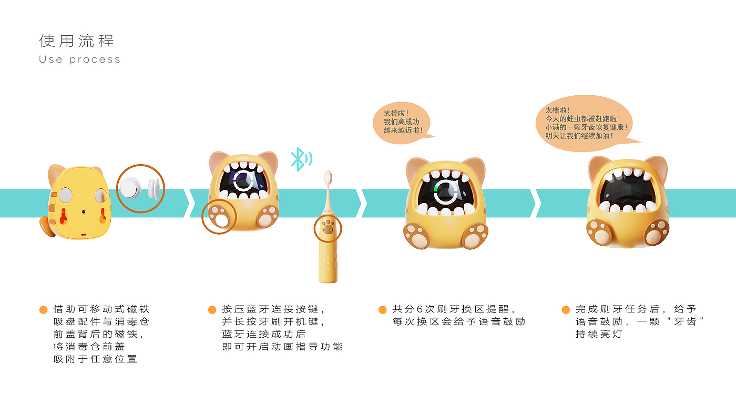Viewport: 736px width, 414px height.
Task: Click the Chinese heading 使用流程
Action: point(77,41)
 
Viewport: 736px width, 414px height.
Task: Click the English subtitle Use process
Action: point(79,59)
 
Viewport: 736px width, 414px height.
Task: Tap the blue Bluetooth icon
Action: point(300,159)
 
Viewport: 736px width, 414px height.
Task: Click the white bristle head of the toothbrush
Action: point(328,177)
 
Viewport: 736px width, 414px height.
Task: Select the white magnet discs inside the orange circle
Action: point(140,188)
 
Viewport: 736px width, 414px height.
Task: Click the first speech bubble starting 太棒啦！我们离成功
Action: point(403,122)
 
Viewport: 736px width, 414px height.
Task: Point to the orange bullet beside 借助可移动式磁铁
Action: point(44,310)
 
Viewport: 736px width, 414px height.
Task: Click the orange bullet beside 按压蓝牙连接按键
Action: point(212,310)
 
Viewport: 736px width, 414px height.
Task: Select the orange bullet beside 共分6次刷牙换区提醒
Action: point(382,310)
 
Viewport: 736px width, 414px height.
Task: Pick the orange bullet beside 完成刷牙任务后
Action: point(566,310)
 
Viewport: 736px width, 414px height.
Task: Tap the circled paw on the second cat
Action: point(219,217)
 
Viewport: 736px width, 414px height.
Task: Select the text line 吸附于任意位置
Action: point(95,359)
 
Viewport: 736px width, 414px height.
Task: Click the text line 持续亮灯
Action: point(598,334)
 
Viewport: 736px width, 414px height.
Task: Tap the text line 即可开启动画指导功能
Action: point(282,347)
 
